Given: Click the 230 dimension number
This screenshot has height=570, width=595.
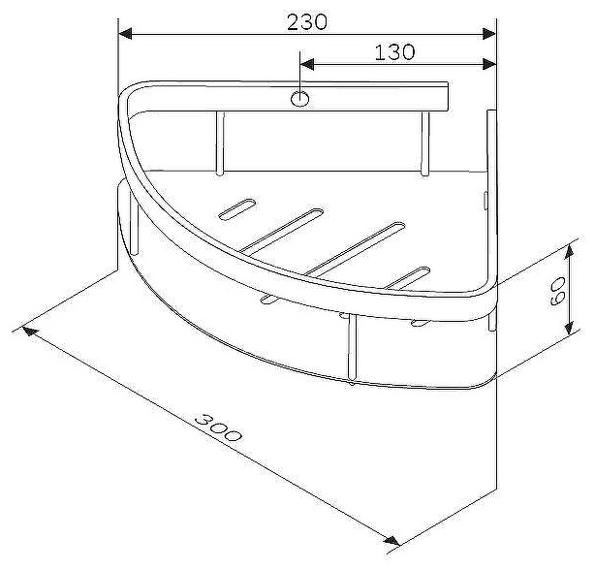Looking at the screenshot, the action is tap(306, 22).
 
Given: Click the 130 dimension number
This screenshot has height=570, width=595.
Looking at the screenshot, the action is tap(394, 52).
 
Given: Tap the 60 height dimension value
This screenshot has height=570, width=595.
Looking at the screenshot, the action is tap(558, 291).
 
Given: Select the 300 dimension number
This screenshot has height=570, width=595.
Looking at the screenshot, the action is tap(218, 427).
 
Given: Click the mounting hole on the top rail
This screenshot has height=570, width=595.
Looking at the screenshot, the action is tap(299, 99).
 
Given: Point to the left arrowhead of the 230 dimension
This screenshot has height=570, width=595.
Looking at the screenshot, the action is tap(125, 33).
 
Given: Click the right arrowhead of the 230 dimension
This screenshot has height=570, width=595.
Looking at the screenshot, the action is tap(489, 33).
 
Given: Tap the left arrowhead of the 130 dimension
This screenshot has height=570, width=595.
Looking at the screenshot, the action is tap(307, 64).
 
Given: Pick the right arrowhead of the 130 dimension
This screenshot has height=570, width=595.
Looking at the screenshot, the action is tap(489, 64).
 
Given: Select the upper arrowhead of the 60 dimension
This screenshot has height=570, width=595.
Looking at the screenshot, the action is tap(569, 252).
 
